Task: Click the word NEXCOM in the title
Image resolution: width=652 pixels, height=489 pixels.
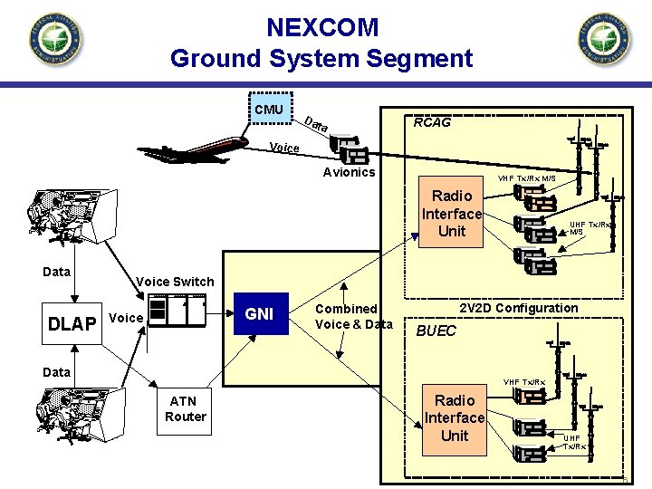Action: tap(322, 27)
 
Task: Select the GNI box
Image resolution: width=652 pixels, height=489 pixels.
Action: tap(260, 313)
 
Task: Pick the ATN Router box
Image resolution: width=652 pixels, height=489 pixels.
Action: tap(185, 409)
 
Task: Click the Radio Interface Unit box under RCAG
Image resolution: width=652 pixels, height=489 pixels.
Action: tap(451, 213)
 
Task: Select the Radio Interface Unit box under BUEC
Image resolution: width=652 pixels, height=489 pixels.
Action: tap(455, 417)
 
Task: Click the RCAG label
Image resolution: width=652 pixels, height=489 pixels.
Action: tap(431, 122)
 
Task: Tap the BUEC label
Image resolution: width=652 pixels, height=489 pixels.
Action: tap(436, 331)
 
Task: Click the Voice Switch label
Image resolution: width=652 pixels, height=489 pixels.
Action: tap(174, 282)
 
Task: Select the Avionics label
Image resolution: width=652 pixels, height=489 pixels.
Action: tap(349, 172)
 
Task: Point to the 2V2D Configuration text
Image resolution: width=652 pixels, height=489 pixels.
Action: tap(519, 308)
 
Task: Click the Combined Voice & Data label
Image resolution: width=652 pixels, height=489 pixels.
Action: tap(354, 316)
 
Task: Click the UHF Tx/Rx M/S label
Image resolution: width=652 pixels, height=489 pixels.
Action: tap(590, 227)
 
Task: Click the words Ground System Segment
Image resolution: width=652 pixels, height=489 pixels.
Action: tap(321, 59)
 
